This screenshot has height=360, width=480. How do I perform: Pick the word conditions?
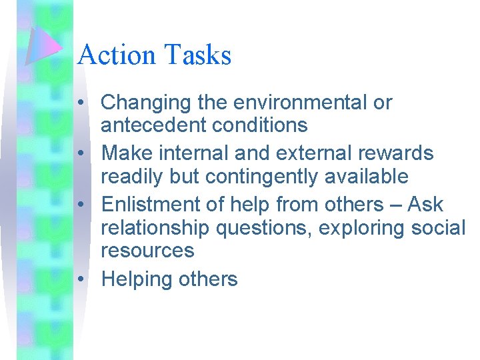click(265, 125)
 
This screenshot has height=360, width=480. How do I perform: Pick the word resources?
click(147, 251)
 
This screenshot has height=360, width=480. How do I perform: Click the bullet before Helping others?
click(81, 279)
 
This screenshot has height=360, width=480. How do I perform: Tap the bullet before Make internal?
click(81, 154)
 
